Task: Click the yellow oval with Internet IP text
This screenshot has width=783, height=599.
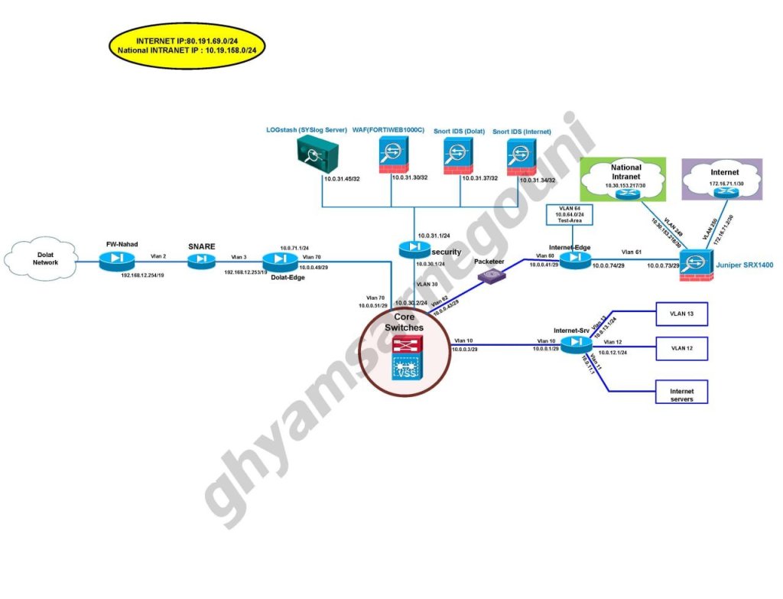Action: click(x=187, y=44)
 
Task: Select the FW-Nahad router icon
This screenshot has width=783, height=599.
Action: click(x=115, y=261)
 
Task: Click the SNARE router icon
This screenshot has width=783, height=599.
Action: click(x=201, y=260)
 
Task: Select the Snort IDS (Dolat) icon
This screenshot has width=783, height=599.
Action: click(x=459, y=158)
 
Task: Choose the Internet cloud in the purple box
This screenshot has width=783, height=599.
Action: click(x=723, y=181)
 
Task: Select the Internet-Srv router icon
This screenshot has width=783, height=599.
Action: click(x=575, y=344)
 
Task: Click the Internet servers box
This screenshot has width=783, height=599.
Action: click(x=681, y=392)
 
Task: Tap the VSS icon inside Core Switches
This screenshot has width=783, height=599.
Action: click(x=407, y=370)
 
